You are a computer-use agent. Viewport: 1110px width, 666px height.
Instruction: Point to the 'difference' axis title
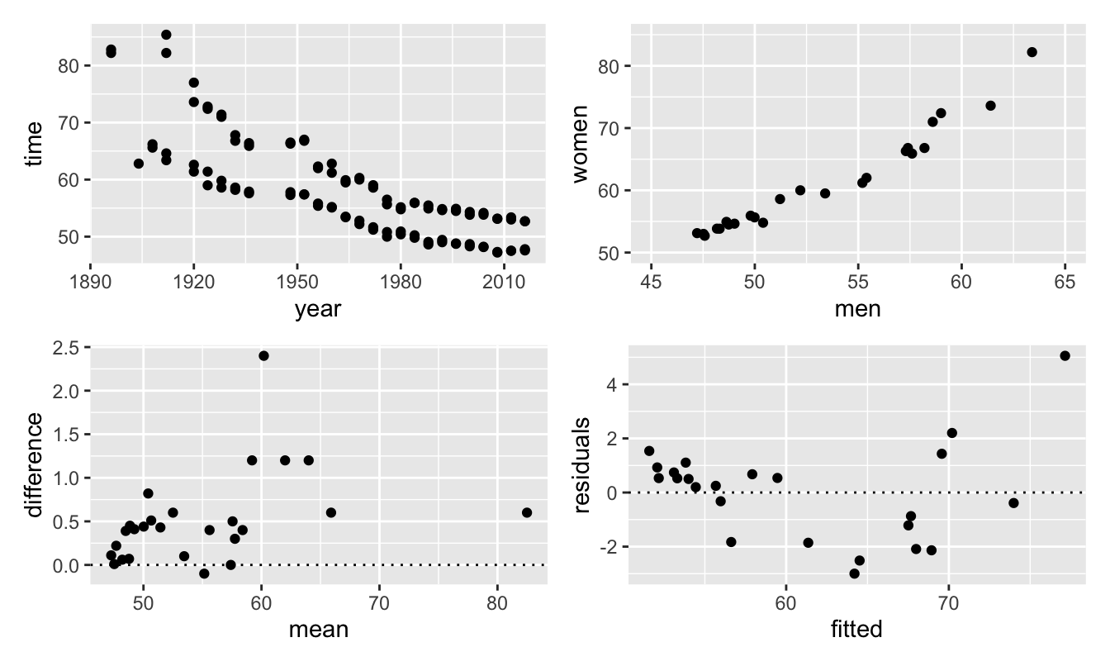(34, 465)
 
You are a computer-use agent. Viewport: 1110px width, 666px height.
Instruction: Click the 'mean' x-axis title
(318, 630)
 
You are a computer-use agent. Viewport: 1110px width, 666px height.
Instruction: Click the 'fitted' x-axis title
(856, 630)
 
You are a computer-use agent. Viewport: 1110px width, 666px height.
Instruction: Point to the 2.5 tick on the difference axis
(67, 347)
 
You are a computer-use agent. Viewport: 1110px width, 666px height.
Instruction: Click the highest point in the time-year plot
(166, 35)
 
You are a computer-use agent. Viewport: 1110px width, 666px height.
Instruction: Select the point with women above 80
(1032, 52)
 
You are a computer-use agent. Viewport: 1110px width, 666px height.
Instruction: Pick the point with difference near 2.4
(263, 356)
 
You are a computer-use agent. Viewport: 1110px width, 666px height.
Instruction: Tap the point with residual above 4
(1065, 356)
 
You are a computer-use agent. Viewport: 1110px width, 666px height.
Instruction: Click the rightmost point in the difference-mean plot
(527, 512)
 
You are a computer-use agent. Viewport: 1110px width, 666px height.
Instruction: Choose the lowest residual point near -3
(854, 573)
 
